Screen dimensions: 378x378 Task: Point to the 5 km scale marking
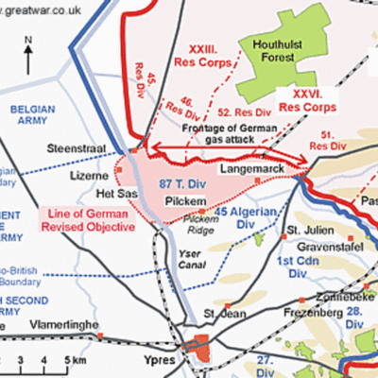67,361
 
